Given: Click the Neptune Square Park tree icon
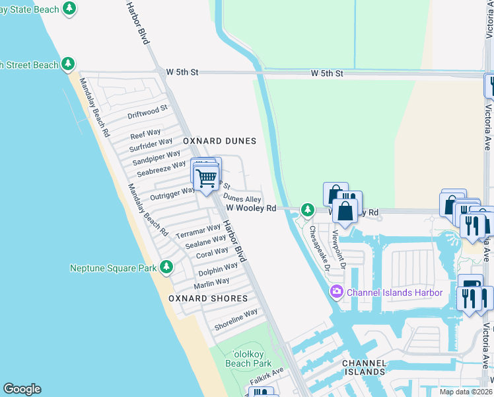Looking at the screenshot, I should click(x=166, y=267).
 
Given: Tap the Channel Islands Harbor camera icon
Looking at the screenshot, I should click(x=337, y=292).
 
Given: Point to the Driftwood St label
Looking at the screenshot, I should click(x=148, y=110).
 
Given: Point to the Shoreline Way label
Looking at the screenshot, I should click(x=236, y=320).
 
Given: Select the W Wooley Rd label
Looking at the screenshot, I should click(x=251, y=208).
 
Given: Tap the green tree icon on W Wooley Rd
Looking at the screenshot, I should click(x=307, y=210).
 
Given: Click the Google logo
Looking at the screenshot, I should click(x=22, y=389).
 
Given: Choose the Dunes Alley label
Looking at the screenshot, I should click(x=242, y=198).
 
